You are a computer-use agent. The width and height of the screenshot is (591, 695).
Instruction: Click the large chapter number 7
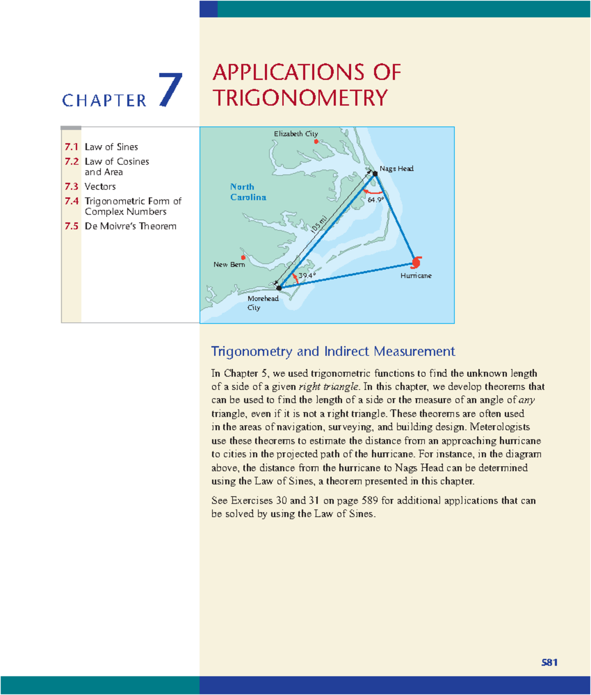(x=170, y=90)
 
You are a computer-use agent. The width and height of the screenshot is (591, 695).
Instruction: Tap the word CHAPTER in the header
(x=104, y=101)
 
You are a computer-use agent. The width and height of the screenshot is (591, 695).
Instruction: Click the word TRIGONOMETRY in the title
(x=300, y=98)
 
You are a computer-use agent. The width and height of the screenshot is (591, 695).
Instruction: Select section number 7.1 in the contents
(x=71, y=147)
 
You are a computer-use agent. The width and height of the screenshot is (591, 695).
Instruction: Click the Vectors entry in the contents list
(x=100, y=187)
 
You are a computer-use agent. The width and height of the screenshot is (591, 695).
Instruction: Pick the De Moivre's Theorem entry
(x=131, y=226)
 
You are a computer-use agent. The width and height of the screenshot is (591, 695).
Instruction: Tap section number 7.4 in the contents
(x=71, y=201)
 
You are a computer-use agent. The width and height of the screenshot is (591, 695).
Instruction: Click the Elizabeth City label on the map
(x=295, y=134)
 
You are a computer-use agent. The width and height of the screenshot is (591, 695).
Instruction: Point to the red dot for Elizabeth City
(x=316, y=142)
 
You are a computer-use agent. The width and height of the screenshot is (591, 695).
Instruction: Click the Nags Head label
(x=396, y=169)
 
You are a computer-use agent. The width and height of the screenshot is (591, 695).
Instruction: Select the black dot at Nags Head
(x=375, y=174)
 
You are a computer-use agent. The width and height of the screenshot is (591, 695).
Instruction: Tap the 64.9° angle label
(x=376, y=200)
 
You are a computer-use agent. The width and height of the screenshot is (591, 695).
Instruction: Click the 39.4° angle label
(x=307, y=276)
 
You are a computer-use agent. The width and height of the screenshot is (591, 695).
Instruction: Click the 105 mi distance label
(x=319, y=226)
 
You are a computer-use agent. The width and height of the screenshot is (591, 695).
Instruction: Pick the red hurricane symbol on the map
(x=417, y=262)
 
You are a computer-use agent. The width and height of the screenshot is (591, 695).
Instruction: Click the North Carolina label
(x=248, y=192)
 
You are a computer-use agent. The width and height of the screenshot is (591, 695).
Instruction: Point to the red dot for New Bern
(x=243, y=257)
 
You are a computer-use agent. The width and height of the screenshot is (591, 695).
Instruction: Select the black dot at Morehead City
(x=279, y=288)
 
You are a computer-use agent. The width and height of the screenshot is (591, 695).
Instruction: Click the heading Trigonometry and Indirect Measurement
(x=333, y=351)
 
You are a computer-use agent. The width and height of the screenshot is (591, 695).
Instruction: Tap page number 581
(x=549, y=663)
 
